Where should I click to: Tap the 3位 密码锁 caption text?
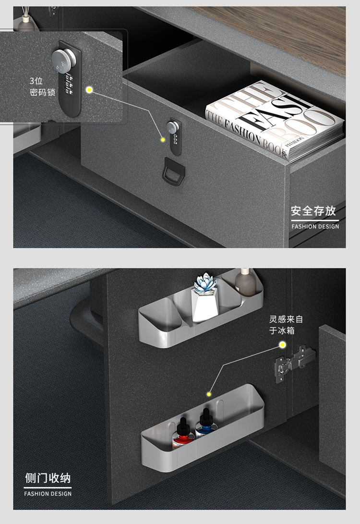coord(42,86)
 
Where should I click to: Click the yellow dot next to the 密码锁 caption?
coord(89,90)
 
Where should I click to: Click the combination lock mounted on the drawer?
coord(175,136)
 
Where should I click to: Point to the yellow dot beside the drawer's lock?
coord(163,140)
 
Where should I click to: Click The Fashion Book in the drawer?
coord(275,121)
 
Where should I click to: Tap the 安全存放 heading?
coord(313,211)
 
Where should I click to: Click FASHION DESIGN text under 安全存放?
coord(315,226)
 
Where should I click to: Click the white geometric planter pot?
coord(204,305)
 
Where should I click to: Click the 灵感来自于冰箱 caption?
coord(286,325)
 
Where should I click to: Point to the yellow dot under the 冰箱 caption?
coord(283,344)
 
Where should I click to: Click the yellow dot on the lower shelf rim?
coord(209,395)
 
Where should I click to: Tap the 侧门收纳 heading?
coord(48,478)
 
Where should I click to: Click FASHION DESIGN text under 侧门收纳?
coord(48,494)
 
